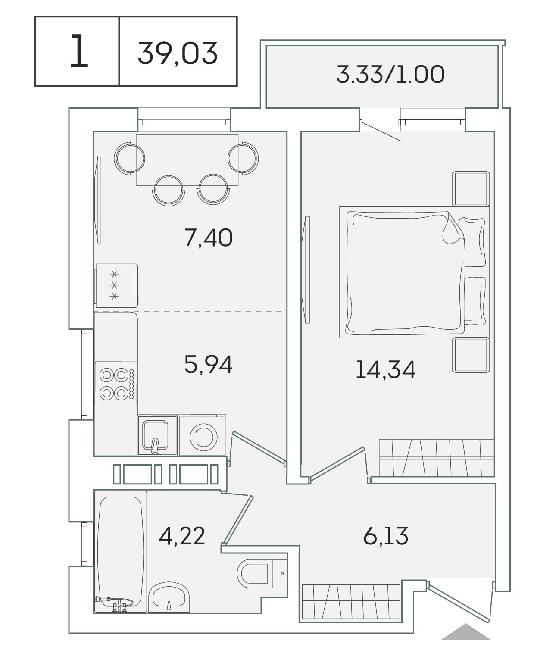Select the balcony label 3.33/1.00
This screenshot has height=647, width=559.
coord(390,75)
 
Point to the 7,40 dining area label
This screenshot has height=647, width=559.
coord(209,238)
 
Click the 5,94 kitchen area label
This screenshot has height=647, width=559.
coord(209,364)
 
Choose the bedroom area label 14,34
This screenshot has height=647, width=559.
coord(386,369)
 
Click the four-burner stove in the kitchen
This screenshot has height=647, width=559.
coord(116,384)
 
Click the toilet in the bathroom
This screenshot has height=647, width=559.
coord(262,574)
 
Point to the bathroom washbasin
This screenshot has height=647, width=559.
coord(169,597)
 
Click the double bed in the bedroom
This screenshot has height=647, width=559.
coord(414,272)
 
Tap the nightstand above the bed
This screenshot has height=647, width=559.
coord(471,189)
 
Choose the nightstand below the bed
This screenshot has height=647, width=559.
coord(471,355)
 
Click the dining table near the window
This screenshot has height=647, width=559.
coord(187,160)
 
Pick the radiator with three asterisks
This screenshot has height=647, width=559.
coord(116,285)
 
